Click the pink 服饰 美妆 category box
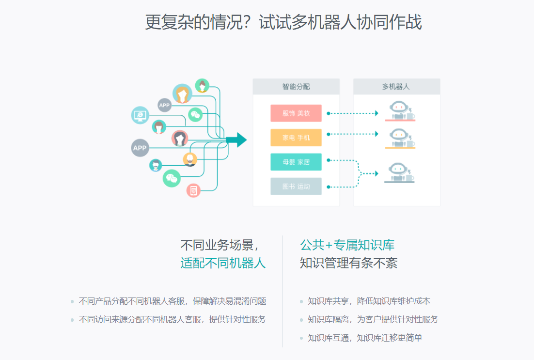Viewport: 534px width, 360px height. pyautogui.click(x=296, y=113)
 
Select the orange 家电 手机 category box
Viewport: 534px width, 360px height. pyautogui.click(x=296, y=138)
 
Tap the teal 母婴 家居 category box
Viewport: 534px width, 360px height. pyautogui.click(x=296, y=162)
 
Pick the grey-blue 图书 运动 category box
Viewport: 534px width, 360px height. pyautogui.click(x=296, y=187)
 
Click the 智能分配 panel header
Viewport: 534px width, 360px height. pyautogui.click(x=296, y=87)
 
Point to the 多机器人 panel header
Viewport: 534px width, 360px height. pyautogui.click(x=396, y=87)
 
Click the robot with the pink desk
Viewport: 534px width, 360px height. pyautogui.click(x=400, y=111)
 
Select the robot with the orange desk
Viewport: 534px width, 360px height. pyautogui.click(x=400, y=139)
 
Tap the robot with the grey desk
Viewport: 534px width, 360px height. pyautogui.click(x=400, y=173)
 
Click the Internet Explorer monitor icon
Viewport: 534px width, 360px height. pyautogui.click(x=141, y=115)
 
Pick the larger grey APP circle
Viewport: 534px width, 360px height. pyautogui.click(x=140, y=148)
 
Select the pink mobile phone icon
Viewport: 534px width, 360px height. pyautogui.click(x=193, y=190)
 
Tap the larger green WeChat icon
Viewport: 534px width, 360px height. pyautogui.click(x=172, y=178)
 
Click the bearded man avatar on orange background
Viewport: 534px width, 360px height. pyautogui.click(x=190, y=159)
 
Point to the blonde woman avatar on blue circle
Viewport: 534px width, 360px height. pyautogui.click(x=182, y=94)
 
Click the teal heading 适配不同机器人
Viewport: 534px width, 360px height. pyautogui.click(x=223, y=263)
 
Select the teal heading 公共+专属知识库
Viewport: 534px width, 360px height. pyautogui.click(x=347, y=245)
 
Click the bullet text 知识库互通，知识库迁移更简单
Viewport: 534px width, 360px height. pyautogui.click(x=365, y=338)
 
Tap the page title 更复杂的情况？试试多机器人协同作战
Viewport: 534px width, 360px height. pyautogui.click(x=283, y=22)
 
